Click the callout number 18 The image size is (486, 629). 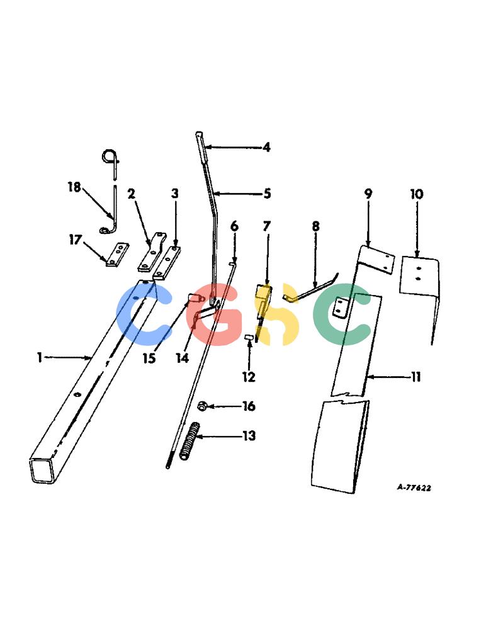(74, 187)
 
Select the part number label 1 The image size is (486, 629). (40, 357)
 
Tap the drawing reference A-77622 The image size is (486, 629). (414, 487)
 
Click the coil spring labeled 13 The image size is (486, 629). (189, 442)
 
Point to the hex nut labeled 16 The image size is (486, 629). (202, 406)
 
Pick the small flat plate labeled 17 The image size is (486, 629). (117, 254)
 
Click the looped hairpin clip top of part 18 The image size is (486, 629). (110, 157)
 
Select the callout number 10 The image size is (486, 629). (417, 194)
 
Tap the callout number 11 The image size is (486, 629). (415, 377)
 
